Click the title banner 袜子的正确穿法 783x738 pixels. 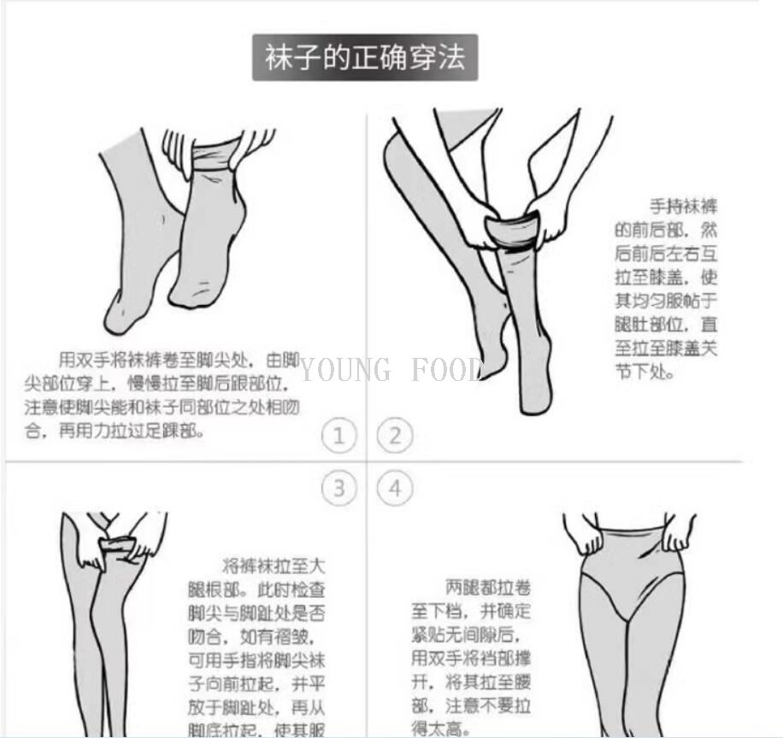(x=364, y=58)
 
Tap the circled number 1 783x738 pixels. (x=339, y=436)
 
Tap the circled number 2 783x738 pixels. (x=394, y=436)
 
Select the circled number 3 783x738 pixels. (x=339, y=489)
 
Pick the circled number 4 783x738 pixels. (x=394, y=489)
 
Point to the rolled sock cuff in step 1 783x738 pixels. (x=213, y=155)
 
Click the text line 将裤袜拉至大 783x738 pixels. (x=274, y=565)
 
